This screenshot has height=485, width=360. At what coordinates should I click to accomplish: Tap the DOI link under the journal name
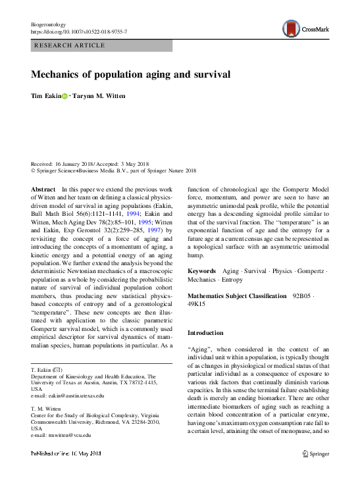click(80, 32)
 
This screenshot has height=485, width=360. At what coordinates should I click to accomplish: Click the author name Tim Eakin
click(45, 96)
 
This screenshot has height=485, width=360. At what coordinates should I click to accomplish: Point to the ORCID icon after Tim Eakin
click(64, 96)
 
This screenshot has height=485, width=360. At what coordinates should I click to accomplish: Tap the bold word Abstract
click(43, 189)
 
